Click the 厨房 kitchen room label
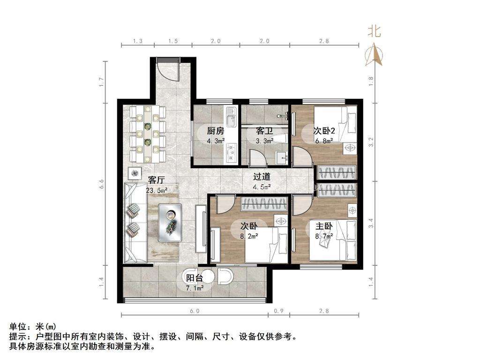tap(216, 131)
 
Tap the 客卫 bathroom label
tap(264, 131)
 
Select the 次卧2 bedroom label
tap(324, 131)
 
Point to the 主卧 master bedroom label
tap(324, 226)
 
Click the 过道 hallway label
tap(262, 177)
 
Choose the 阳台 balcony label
tap(195, 278)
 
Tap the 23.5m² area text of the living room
tap(157, 190)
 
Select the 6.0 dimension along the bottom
tap(195, 311)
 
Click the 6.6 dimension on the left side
tap(102, 184)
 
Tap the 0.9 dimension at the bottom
tap(278, 311)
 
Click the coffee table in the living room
tap(171, 223)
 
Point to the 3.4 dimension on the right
tap(371, 223)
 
